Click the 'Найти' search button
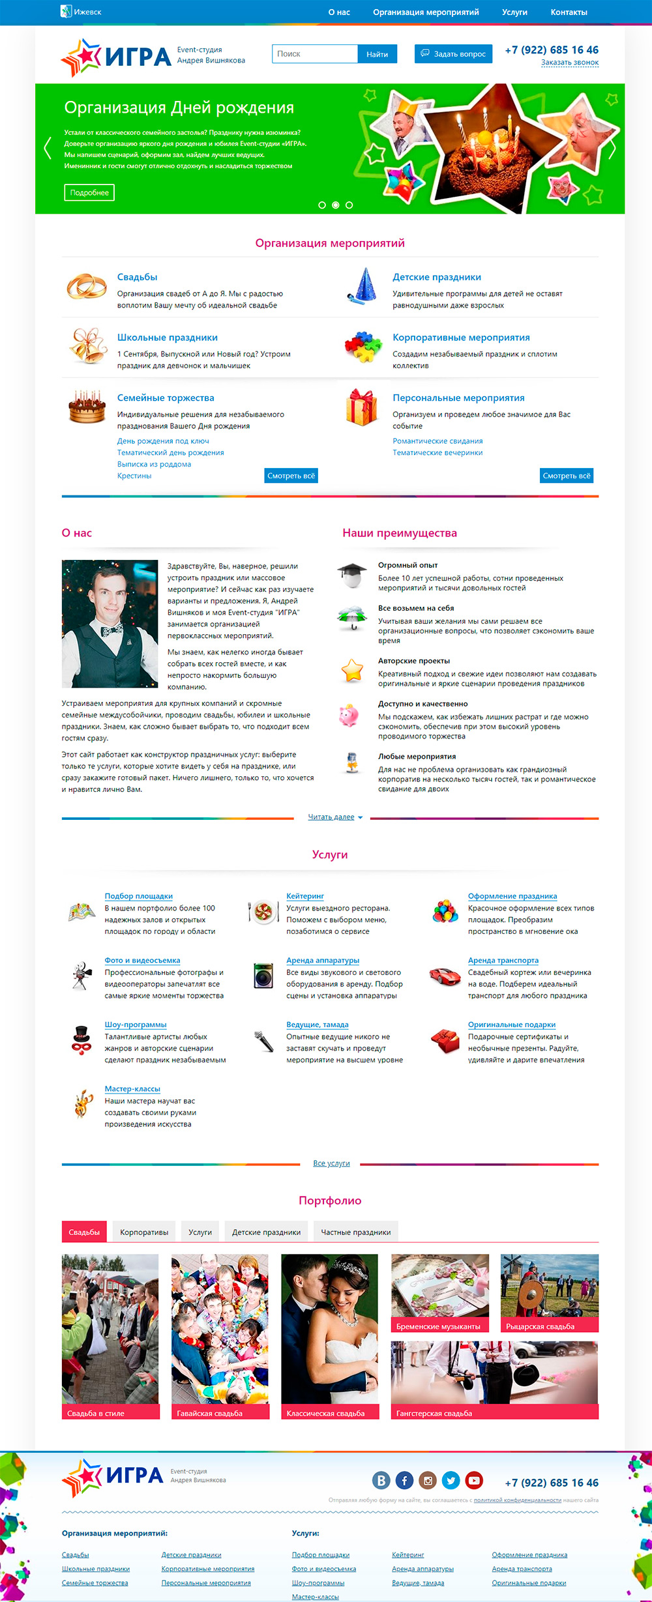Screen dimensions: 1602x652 377,54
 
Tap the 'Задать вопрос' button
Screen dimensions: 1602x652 453,54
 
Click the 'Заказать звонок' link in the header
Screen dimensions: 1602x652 569,63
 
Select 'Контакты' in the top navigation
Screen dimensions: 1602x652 569,12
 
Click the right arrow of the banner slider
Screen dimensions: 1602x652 612,149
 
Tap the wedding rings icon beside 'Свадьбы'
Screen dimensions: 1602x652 86,286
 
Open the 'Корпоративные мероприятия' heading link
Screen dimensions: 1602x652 461,338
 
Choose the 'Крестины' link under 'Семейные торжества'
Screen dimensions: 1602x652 134,476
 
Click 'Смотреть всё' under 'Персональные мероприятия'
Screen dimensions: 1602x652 566,476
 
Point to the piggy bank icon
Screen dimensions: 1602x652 348,715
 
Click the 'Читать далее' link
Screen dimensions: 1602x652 331,817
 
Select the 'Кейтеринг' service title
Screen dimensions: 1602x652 305,896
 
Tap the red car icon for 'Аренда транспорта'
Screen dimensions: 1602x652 445,976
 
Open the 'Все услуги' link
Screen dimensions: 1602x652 331,1163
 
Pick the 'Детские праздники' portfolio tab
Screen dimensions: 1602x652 266,1232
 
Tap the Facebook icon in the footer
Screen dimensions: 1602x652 404,1481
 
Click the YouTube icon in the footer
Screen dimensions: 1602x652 474,1481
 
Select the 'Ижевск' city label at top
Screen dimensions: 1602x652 87,12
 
